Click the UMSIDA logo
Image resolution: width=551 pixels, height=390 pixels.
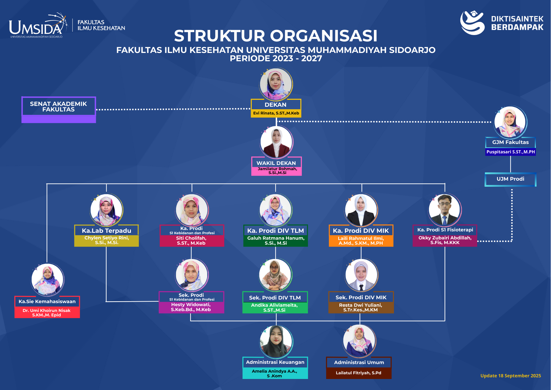[x=37, y=26]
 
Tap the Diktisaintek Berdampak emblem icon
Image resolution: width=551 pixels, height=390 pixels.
[x=472, y=23]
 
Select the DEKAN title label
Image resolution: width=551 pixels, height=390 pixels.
[x=275, y=105]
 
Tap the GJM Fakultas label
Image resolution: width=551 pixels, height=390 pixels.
[x=510, y=142]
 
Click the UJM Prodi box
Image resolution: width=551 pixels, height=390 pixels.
[x=510, y=179]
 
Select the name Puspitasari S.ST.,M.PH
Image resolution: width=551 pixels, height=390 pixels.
[x=511, y=152]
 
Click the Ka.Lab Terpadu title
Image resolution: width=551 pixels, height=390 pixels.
[x=106, y=231]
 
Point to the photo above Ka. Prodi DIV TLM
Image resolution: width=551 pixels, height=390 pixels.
[x=275, y=210]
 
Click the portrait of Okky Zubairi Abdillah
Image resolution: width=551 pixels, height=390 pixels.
[x=444, y=210]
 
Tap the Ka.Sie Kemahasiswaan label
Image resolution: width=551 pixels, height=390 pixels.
[x=47, y=301]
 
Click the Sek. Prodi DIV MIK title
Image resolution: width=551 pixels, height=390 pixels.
[x=361, y=297]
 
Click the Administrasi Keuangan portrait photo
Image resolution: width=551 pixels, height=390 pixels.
[x=276, y=342]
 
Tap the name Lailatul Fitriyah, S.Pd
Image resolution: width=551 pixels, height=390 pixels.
[x=358, y=373]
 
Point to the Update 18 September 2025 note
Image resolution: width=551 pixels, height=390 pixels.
[x=511, y=376]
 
